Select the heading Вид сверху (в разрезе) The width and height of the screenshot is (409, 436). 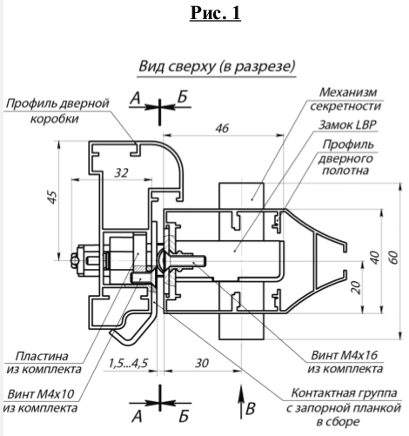click(x=217, y=66)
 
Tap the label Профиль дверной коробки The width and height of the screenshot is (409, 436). click(x=57, y=112)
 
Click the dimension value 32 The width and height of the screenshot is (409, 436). click(x=122, y=173)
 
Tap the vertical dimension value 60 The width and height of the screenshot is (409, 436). click(x=393, y=258)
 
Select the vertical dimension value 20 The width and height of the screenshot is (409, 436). click(x=357, y=286)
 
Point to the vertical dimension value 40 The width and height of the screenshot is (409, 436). click(x=374, y=258)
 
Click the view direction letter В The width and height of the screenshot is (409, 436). click(x=251, y=406)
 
